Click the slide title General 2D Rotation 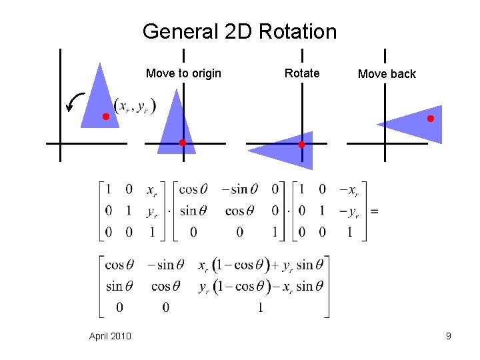click(x=239, y=31)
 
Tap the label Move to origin click(x=183, y=73)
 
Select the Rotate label click(x=302, y=73)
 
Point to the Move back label click(x=387, y=74)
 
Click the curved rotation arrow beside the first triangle click(x=75, y=103)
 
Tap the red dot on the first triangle click(x=105, y=117)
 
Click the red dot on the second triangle click(x=182, y=143)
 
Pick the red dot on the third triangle click(x=301, y=145)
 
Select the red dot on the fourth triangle click(x=431, y=119)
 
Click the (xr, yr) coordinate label click(x=135, y=106)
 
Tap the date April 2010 click(x=110, y=336)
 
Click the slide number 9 click(x=449, y=336)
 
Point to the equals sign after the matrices click(x=374, y=211)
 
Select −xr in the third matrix click(x=348, y=191)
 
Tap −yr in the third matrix click(x=348, y=212)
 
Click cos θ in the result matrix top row click(x=119, y=265)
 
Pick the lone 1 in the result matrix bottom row click(x=259, y=308)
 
